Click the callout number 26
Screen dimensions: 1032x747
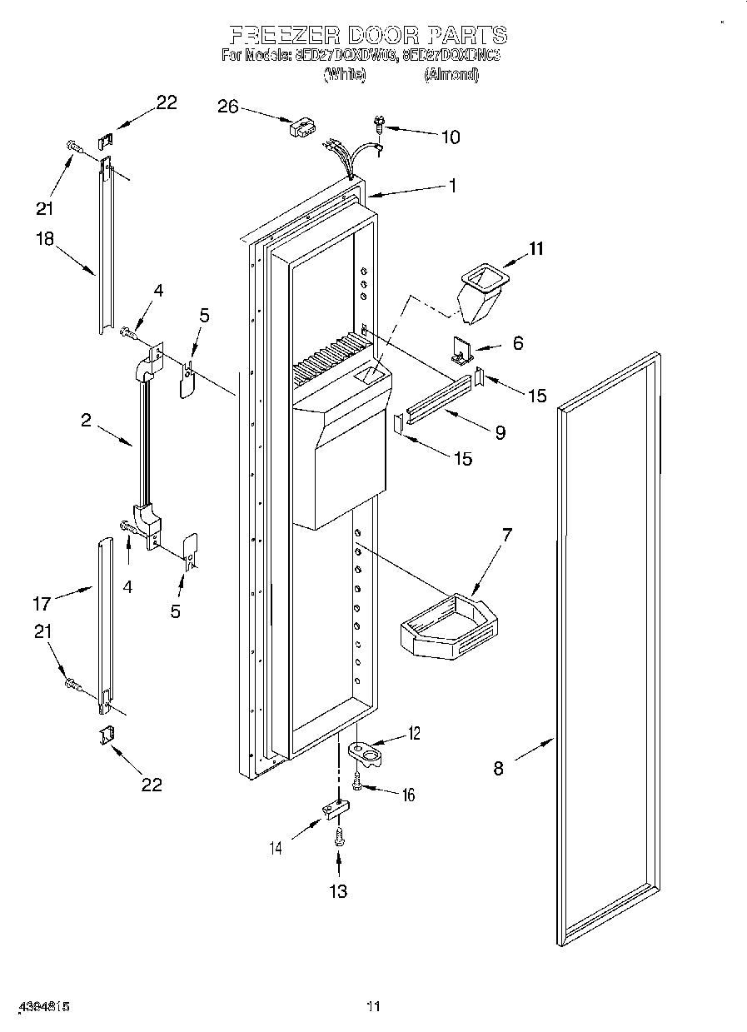(227, 106)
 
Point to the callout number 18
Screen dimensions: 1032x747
(44, 238)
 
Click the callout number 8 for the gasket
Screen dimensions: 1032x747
(498, 768)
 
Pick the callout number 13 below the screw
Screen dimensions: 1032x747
(337, 891)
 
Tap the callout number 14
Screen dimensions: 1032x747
(276, 848)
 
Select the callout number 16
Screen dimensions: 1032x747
(408, 795)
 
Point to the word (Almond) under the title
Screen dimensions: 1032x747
(451, 75)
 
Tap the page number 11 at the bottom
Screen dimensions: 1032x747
(373, 1006)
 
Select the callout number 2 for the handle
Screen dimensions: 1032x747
(86, 421)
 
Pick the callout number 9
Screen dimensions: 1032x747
(500, 432)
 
